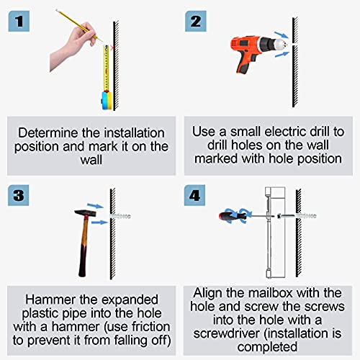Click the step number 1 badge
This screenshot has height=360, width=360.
coord(19,21)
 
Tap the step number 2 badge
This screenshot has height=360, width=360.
coord(196,21)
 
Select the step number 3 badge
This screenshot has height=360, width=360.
coord(19,195)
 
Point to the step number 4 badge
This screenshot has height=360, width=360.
coord(194,195)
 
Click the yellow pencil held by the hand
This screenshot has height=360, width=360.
coord(78,25)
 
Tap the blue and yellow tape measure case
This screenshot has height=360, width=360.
coord(107,100)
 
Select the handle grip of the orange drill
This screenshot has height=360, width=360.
coord(246,63)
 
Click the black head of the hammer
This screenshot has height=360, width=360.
coord(86,213)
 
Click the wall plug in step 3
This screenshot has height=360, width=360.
coord(120,216)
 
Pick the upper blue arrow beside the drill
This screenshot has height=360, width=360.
coord(281,35)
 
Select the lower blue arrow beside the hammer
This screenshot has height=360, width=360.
coord(99,222)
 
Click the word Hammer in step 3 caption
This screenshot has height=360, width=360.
coord(50,300)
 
